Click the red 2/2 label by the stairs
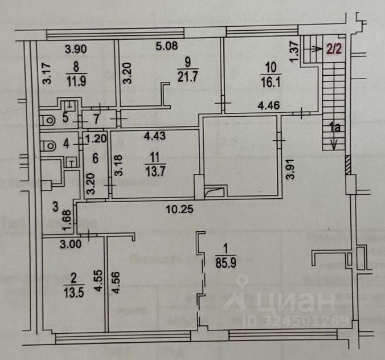click(334, 50)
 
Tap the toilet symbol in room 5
click(48, 120)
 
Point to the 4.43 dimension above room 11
click(155, 136)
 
